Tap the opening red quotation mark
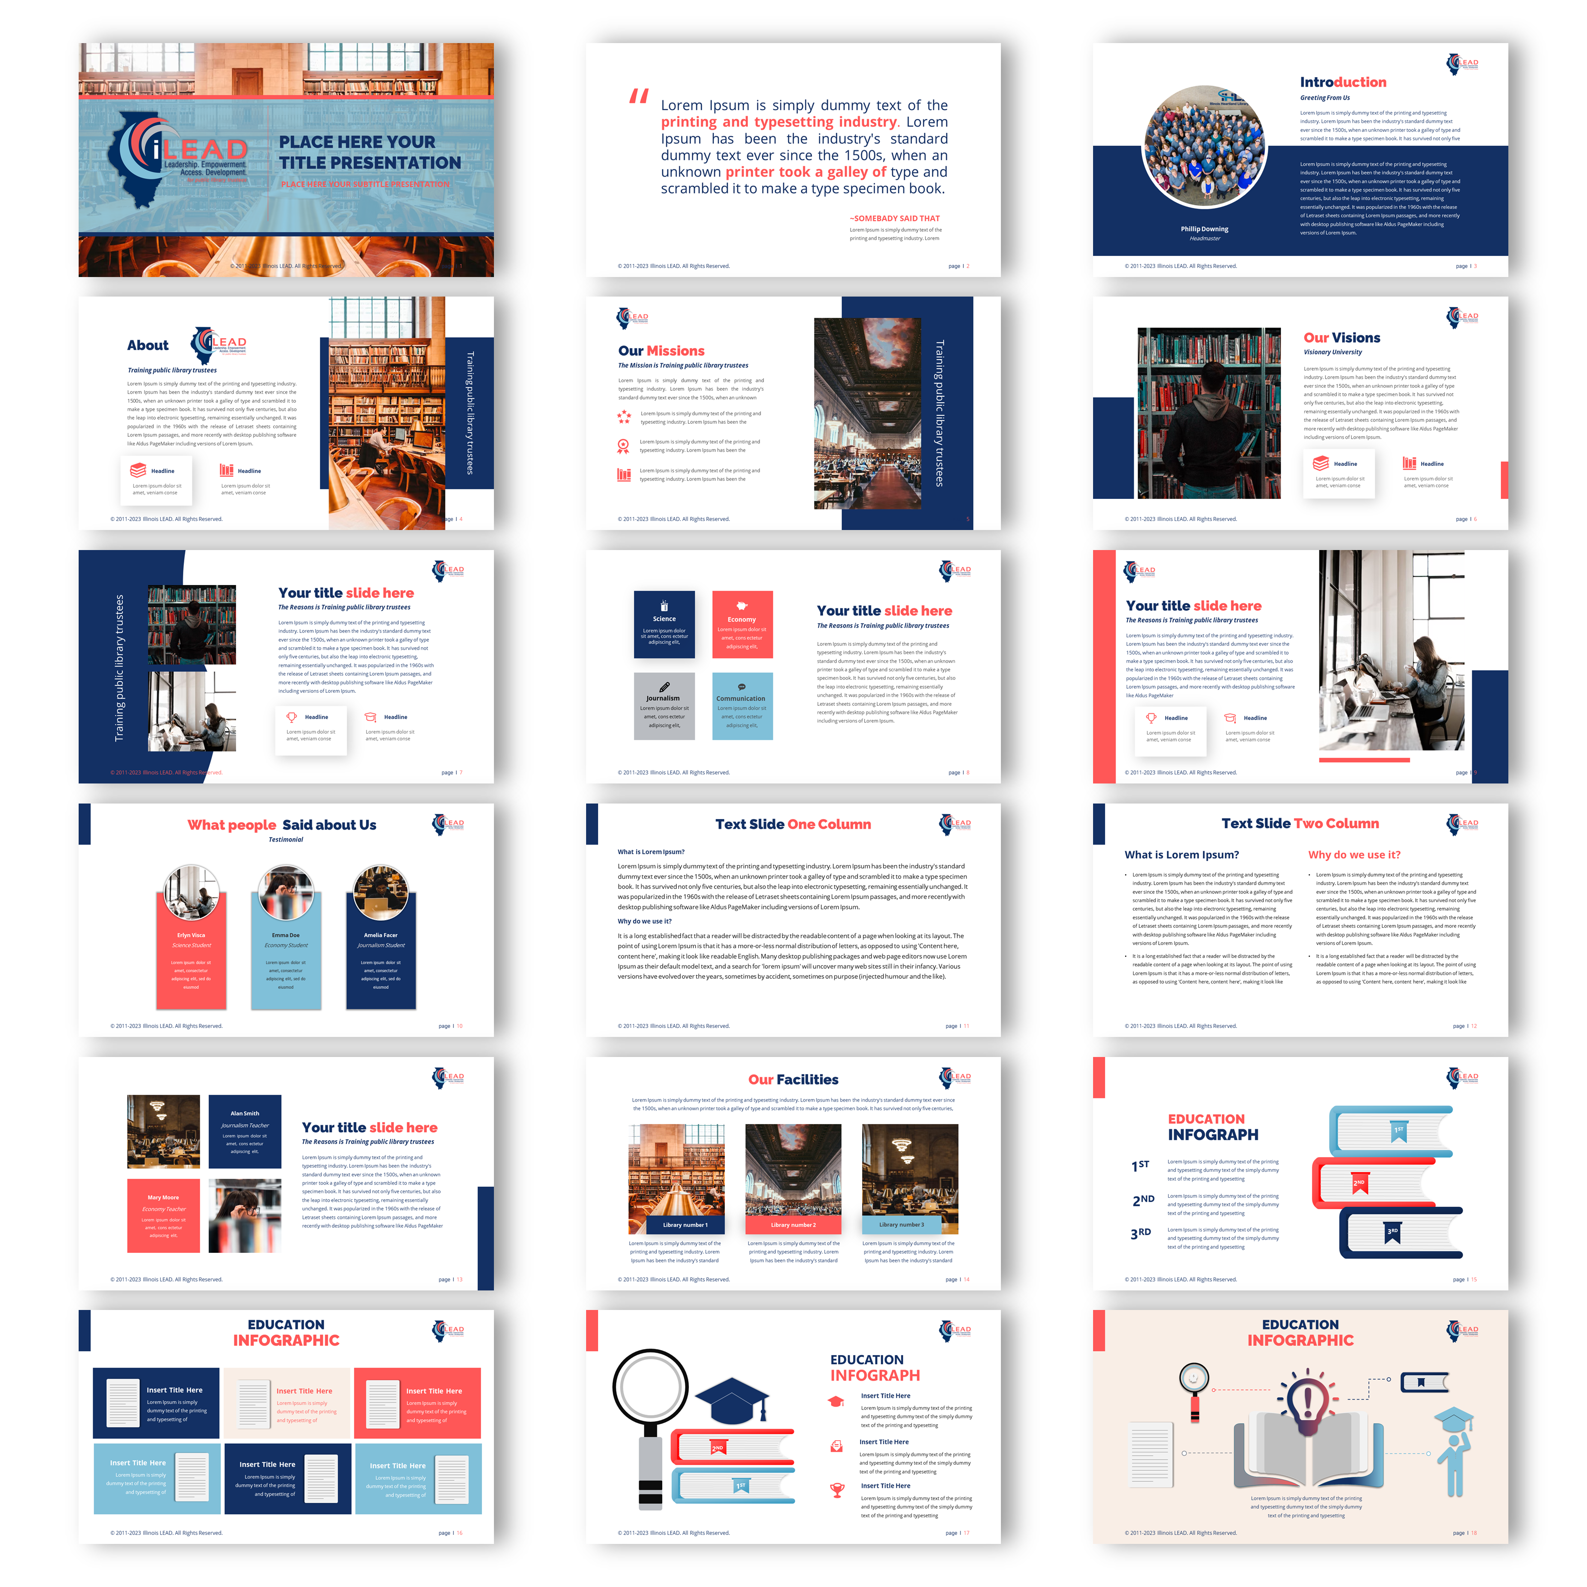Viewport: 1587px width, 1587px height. [x=638, y=96]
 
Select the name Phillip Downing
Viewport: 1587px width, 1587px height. [x=1204, y=229]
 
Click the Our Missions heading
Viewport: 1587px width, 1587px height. [x=661, y=351]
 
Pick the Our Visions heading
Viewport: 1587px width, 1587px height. [x=1342, y=338]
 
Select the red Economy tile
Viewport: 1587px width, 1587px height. [x=742, y=624]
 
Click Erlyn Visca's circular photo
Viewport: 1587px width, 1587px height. [x=191, y=891]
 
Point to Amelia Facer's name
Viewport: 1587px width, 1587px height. [x=380, y=935]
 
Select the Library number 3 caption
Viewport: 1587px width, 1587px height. [x=901, y=1225]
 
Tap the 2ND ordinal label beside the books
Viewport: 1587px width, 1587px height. [x=1143, y=1200]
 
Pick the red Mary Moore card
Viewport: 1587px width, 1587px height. [x=163, y=1215]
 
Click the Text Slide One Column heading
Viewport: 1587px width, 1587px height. [x=792, y=824]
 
